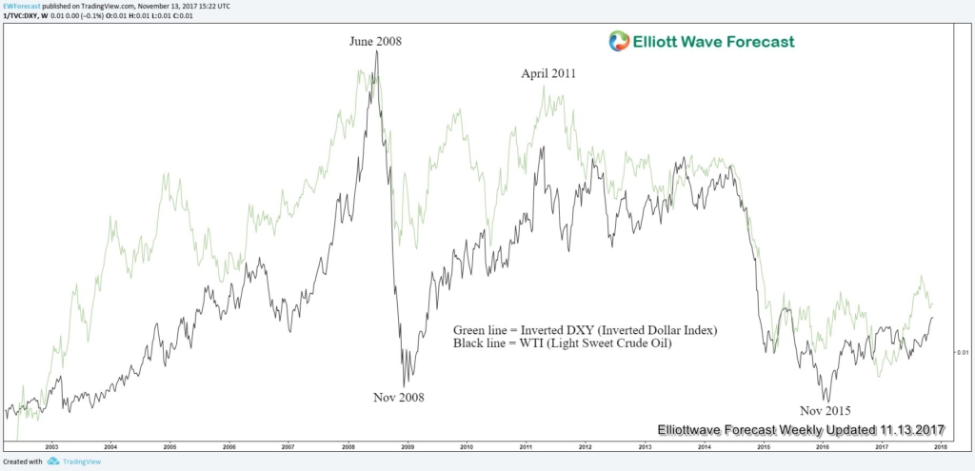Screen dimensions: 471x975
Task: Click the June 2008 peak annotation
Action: pos(376,41)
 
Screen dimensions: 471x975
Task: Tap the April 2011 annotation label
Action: pos(548,73)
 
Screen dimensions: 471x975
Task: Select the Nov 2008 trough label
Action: pos(398,397)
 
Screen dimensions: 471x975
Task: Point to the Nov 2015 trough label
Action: pos(825,410)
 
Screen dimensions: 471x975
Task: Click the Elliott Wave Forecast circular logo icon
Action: pos(620,41)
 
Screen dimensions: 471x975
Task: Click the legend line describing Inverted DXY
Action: pos(585,329)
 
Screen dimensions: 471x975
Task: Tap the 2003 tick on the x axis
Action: pos(51,445)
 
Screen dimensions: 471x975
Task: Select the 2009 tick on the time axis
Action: pos(407,445)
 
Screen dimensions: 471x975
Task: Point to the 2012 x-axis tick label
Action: pos(585,445)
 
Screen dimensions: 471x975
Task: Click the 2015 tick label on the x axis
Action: pos(763,445)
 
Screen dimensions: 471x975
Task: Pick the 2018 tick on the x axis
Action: pos(940,445)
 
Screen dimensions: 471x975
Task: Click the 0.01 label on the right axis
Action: pos(962,352)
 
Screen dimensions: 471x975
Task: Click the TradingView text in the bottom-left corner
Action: pos(70,461)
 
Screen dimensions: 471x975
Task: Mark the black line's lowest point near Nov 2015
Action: pos(827,402)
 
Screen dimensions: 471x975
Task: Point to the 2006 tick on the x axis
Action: pos(229,445)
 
